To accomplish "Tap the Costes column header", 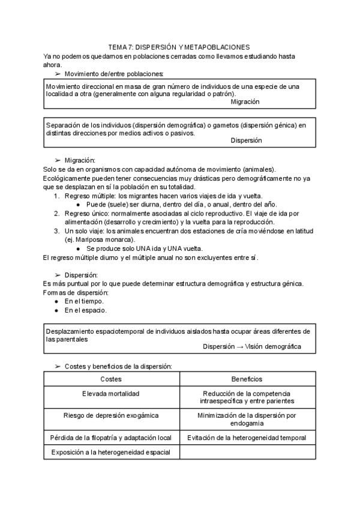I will point(111,379).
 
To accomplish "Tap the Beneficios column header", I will point(247,379).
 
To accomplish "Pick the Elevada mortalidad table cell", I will point(111,394).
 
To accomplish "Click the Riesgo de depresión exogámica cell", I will point(111,415).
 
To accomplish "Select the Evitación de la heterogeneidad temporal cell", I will point(247,438).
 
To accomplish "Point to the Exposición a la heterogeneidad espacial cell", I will point(111,453).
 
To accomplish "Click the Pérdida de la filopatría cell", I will point(111,438).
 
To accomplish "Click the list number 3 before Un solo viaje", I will point(56,231).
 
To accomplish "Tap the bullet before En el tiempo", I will point(56,301).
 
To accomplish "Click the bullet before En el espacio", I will point(56,310).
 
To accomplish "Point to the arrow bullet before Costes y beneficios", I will point(58,366).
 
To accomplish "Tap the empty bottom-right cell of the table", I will point(247,453).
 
